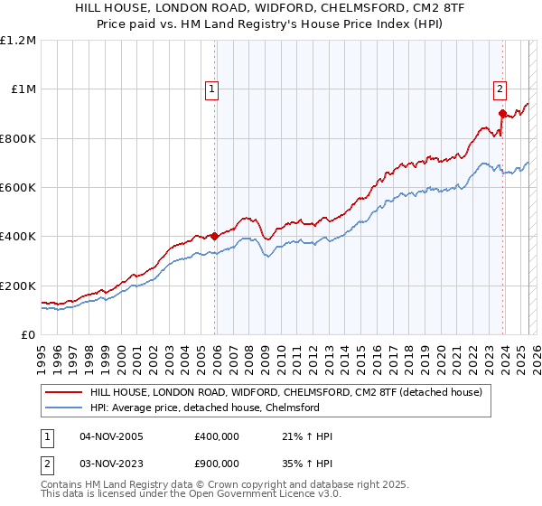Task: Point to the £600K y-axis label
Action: [x=18, y=188]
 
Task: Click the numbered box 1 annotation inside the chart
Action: [x=210, y=89]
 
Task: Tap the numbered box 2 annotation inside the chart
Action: [x=499, y=89]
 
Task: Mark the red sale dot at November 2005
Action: [x=215, y=237]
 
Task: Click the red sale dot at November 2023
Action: [x=502, y=113]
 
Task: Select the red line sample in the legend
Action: [x=64, y=393]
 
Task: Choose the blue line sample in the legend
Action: [x=64, y=408]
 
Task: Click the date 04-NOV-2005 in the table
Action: [x=111, y=436]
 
